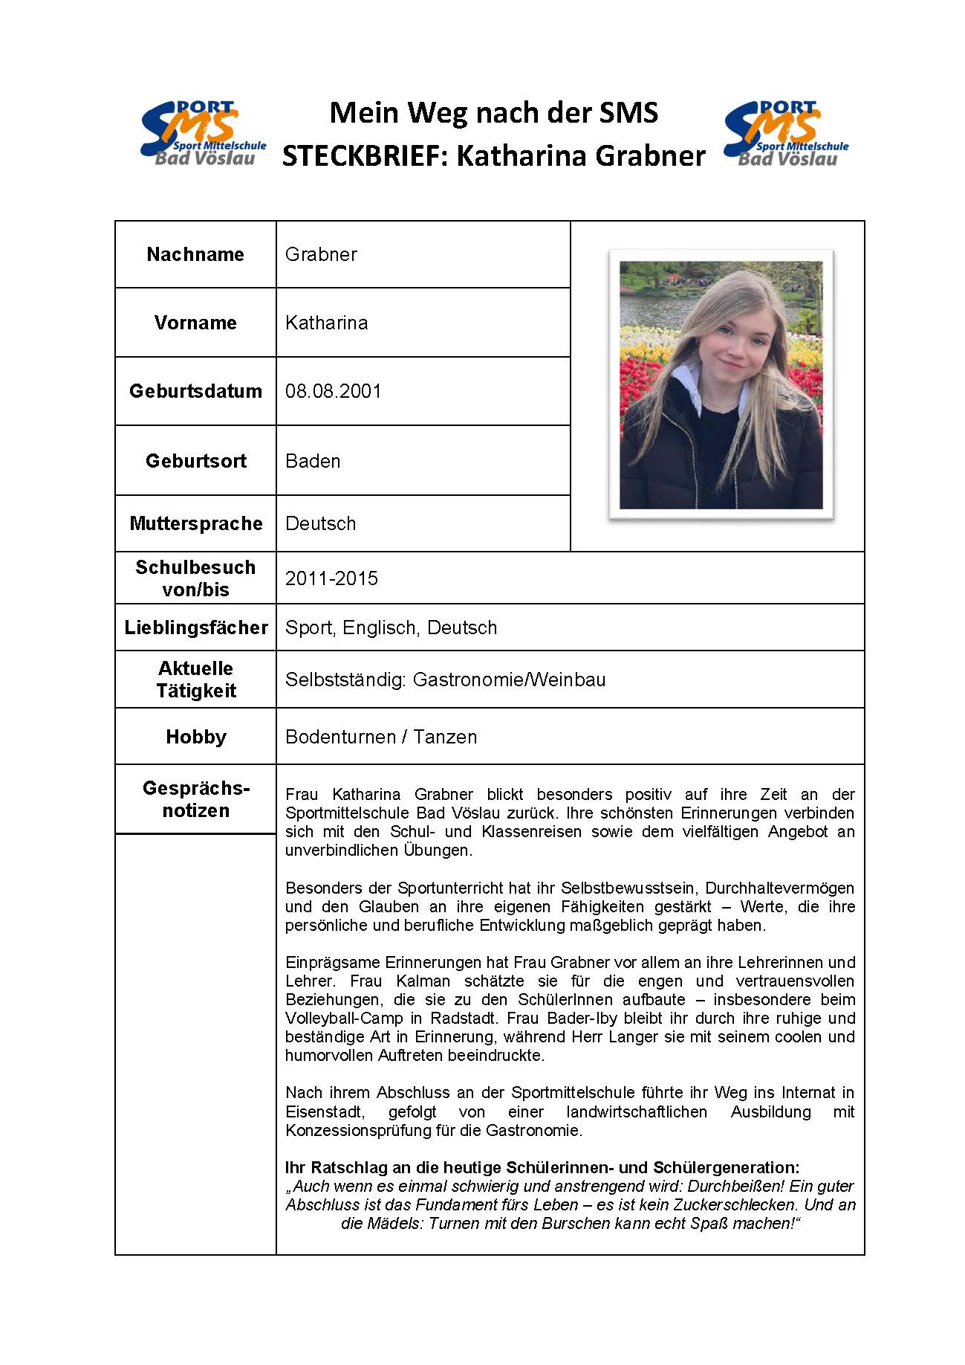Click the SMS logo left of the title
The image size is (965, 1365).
(202, 134)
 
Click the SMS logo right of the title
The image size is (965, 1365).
(785, 134)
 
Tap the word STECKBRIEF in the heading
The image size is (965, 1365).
(365, 156)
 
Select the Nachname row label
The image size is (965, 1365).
(195, 254)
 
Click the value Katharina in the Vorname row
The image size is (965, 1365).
(326, 323)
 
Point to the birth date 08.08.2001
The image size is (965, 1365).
(333, 391)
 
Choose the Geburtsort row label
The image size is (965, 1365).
(195, 461)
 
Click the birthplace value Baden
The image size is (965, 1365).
(313, 461)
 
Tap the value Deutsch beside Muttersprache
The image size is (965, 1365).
(320, 523)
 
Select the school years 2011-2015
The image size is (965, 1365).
(331, 578)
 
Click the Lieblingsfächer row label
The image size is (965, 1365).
(195, 627)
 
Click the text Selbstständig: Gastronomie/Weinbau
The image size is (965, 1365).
(445, 680)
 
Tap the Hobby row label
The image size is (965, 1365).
(195, 737)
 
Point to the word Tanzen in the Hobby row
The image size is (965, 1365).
(445, 737)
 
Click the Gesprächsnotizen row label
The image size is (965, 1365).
(195, 799)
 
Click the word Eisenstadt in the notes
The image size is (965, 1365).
(325, 1112)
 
